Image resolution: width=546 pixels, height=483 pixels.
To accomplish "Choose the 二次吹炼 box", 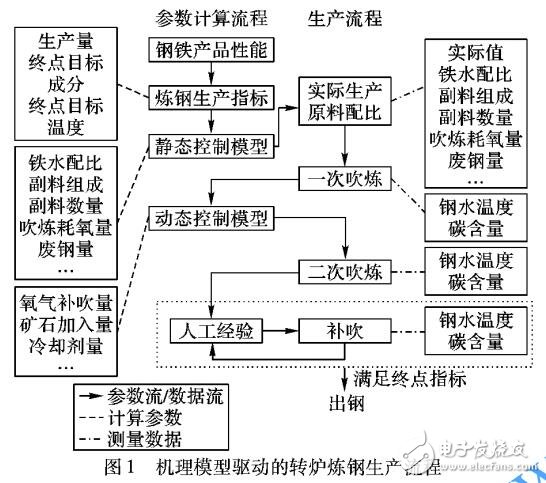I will point(342,270).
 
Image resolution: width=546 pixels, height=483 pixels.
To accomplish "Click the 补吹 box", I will point(342,329).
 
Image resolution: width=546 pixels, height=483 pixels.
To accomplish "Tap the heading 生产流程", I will point(341,18).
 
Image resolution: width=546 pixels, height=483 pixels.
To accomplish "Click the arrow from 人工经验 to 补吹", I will point(283,329).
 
